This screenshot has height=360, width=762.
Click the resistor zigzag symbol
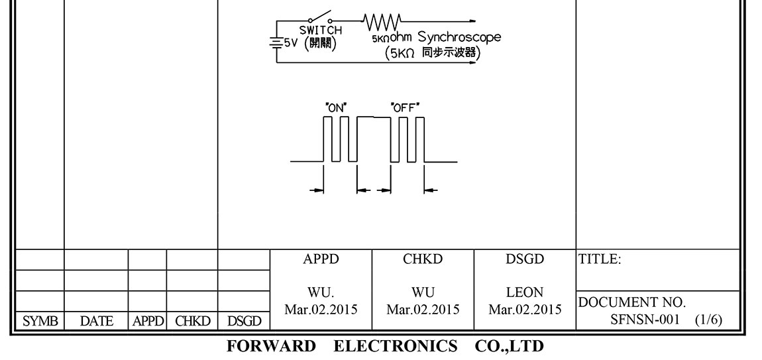pyautogui.click(x=383, y=20)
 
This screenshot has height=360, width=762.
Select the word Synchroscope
pyautogui.click(x=459, y=38)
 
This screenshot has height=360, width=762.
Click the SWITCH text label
pyautogui.click(x=321, y=30)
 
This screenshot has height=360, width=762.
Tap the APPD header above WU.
pyautogui.click(x=321, y=260)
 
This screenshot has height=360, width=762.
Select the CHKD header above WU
pyautogui.click(x=423, y=260)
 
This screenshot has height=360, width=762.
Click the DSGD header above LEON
pyautogui.click(x=525, y=260)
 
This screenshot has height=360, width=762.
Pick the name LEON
pyautogui.click(x=525, y=292)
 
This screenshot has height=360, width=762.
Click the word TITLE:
pyautogui.click(x=600, y=260)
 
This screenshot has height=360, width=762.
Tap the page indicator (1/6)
pyautogui.click(x=708, y=320)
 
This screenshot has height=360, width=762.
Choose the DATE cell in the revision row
pyautogui.click(x=96, y=322)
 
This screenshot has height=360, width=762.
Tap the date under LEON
pyautogui.click(x=525, y=309)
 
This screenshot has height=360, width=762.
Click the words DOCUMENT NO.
pyautogui.click(x=631, y=303)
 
